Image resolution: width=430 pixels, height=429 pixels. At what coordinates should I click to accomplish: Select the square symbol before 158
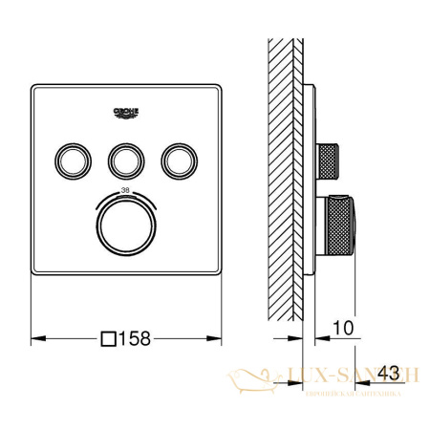[x=110, y=337]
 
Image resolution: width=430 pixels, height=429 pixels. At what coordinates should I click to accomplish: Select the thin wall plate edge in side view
[x=310, y=191]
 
